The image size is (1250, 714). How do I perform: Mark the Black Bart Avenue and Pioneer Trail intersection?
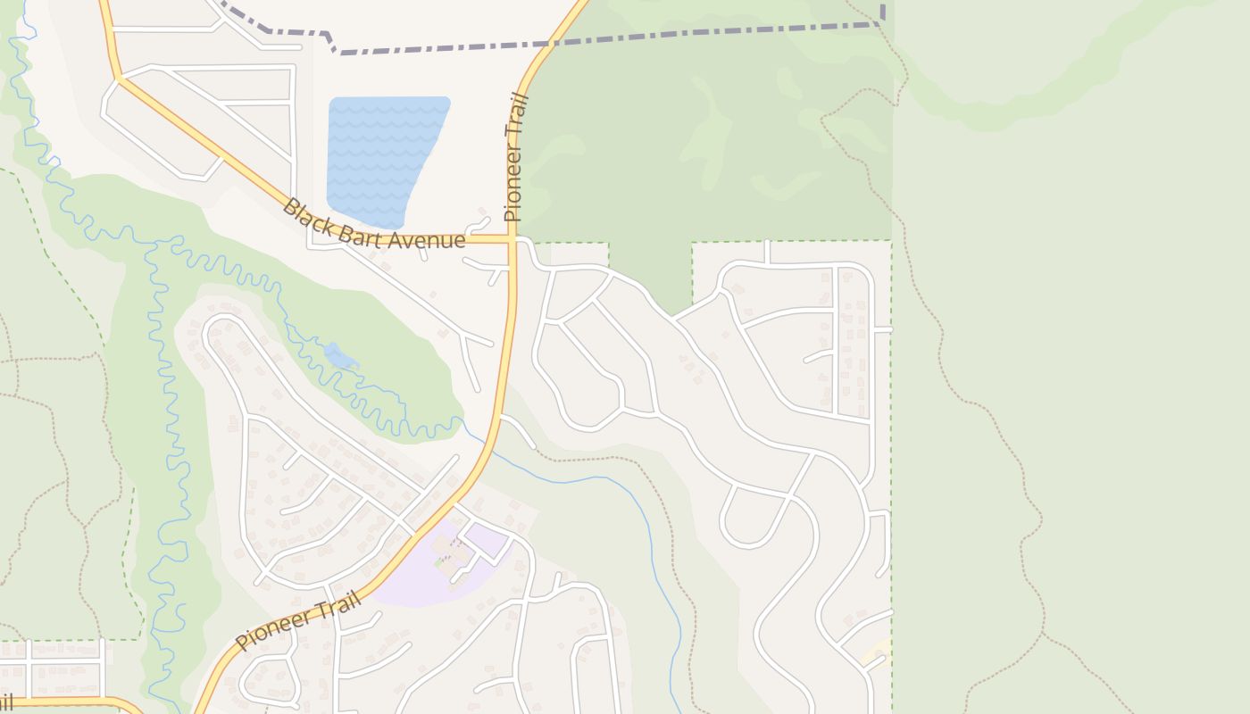[x=512, y=239]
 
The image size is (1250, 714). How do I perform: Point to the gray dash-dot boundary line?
[x=607, y=38]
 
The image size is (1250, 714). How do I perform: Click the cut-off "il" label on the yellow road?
[x=5, y=703]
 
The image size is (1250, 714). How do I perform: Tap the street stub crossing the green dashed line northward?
[x=767, y=251]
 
